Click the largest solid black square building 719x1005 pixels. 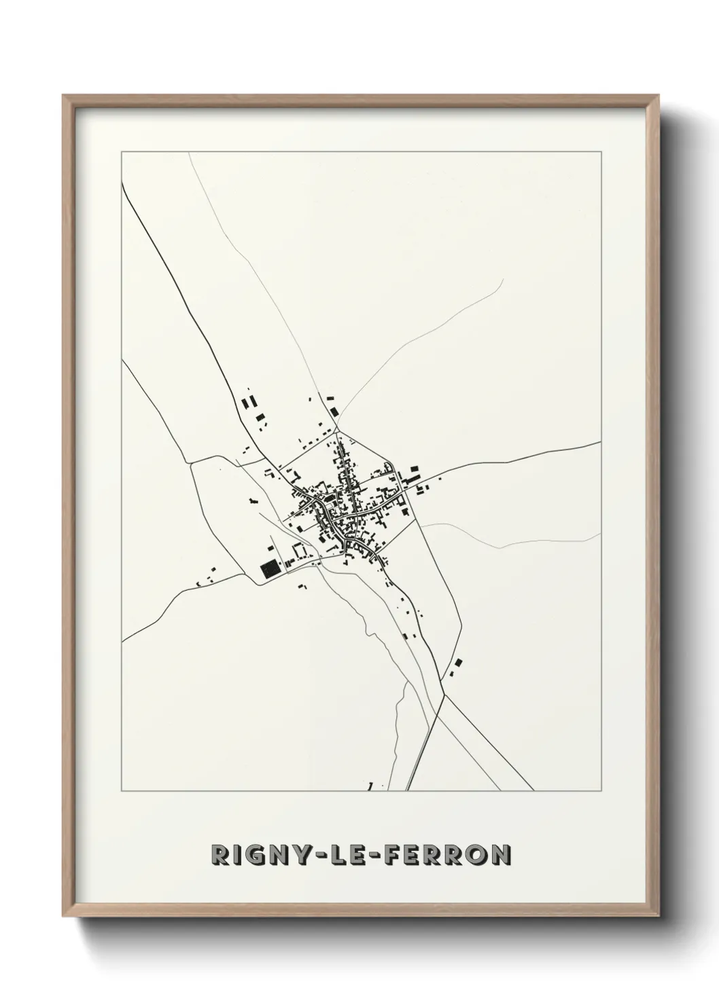(270, 568)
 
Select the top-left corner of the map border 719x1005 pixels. (122, 152)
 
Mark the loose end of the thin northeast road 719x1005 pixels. (502, 278)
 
